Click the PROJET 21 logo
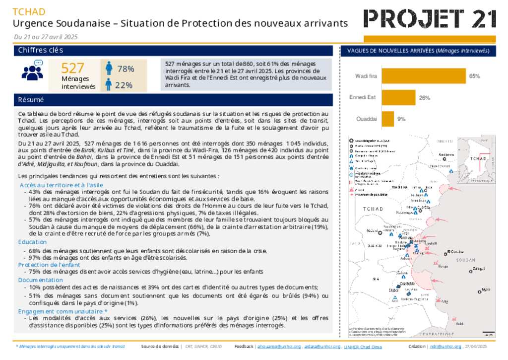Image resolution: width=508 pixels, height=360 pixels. point(430,19)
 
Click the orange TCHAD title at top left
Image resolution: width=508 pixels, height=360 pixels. point(29,12)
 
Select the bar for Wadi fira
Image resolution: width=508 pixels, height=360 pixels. point(423,76)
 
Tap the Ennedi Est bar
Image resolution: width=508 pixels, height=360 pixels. point(398,97)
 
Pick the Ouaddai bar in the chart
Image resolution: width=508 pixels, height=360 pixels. point(387,119)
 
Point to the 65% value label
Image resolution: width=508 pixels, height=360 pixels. point(475,76)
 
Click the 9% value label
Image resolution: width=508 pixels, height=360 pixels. point(401,119)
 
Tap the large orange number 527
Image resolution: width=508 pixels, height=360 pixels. point(72,69)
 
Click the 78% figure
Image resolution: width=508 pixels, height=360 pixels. point(126,69)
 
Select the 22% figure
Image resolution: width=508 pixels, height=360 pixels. point(124,85)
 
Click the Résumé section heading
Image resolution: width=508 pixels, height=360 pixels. point(31,100)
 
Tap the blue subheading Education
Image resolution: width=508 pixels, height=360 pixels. point(32,242)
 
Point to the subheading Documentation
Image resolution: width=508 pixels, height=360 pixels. point(41,280)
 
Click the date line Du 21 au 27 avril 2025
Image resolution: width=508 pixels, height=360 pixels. point(46,37)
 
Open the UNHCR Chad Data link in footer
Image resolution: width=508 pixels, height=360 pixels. point(363,347)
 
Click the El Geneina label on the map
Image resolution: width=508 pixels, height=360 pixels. point(455,251)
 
